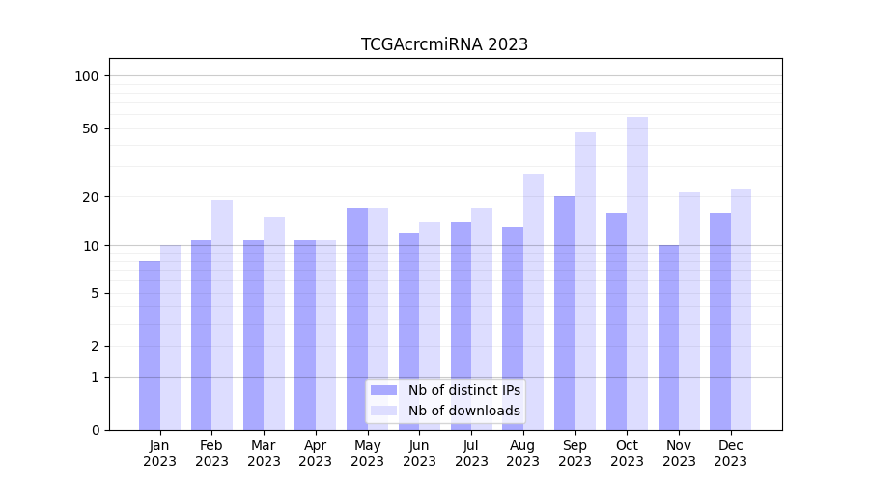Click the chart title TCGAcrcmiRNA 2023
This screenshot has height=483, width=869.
pyautogui.click(x=444, y=44)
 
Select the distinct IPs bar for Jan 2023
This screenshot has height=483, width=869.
pyautogui.click(x=150, y=345)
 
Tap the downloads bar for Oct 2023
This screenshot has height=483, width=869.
pyautogui.click(x=637, y=273)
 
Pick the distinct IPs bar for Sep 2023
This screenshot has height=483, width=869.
pyautogui.click(x=565, y=313)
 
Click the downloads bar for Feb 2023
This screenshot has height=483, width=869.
pyautogui.click(x=222, y=315)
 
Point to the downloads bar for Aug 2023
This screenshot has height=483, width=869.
pyautogui.click(x=534, y=301)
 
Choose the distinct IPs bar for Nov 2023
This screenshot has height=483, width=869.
pyautogui.click(x=668, y=337)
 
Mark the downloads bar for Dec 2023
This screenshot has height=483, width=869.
pyautogui.click(x=741, y=309)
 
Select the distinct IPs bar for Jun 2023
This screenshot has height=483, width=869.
pyautogui.click(x=408, y=331)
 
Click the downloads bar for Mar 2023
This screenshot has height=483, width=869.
pyautogui.click(x=274, y=324)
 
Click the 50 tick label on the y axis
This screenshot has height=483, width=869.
pyautogui.click(x=91, y=128)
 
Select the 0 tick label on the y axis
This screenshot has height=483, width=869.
pyautogui.click(x=95, y=430)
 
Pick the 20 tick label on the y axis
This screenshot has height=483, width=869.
pyautogui.click(x=91, y=197)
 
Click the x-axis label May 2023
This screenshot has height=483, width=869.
pyautogui.click(x=367, y=453)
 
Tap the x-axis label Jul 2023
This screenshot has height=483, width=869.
pyautogui.click(x=471, y=453)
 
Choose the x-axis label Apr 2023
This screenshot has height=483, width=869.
pyautogui.click(x=315, y=453)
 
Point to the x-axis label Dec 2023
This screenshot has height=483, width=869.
pyautogui.click(x=730, y=453)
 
